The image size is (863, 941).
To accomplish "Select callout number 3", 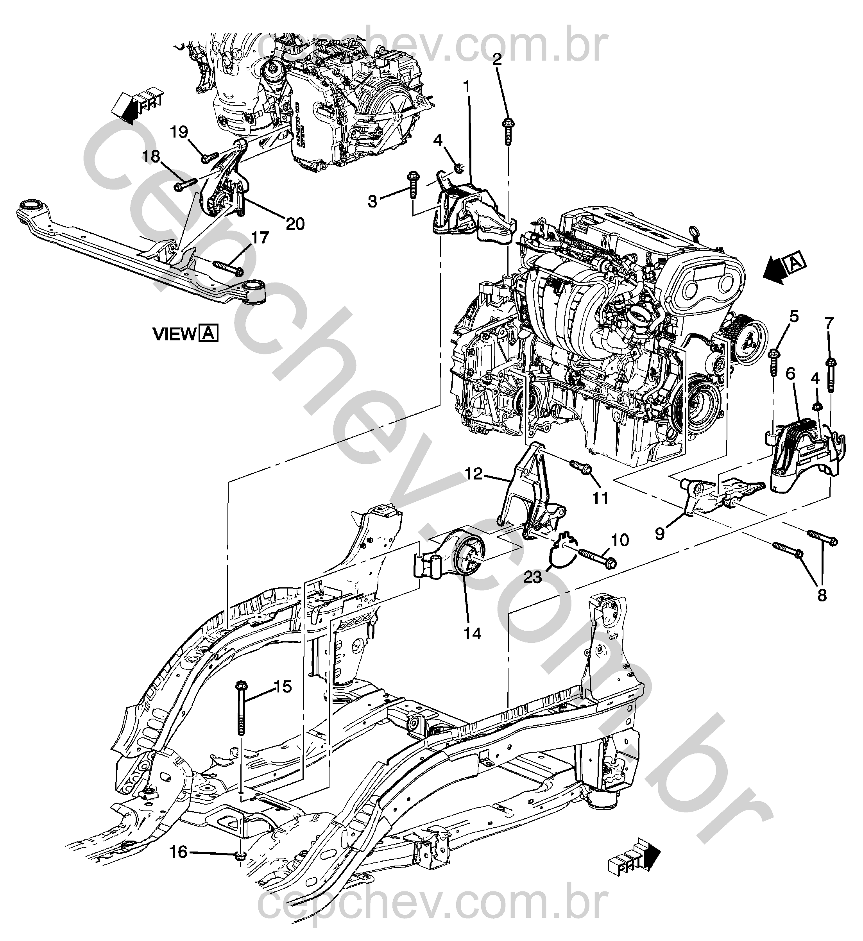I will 372,202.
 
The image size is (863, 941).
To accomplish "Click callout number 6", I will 790,386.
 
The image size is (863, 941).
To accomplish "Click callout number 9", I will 659,533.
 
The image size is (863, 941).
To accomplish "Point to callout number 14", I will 473,633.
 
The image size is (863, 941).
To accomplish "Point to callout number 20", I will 295,224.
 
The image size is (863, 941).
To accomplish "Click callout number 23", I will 532,578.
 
